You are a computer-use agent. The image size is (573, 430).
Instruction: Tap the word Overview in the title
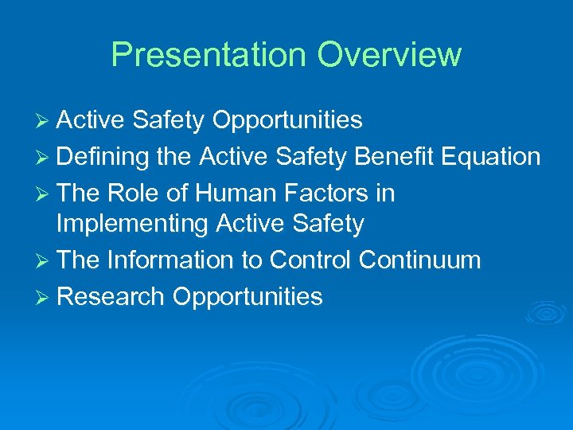(389, 55)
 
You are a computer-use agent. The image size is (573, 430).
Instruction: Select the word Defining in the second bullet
(103, 157)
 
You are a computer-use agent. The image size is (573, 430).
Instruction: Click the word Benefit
(390, 157)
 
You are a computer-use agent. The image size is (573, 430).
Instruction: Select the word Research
(111, 296)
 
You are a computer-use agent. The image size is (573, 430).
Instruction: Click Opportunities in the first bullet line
(287, 121)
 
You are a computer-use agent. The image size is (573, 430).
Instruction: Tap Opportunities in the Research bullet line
(248, 297)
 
